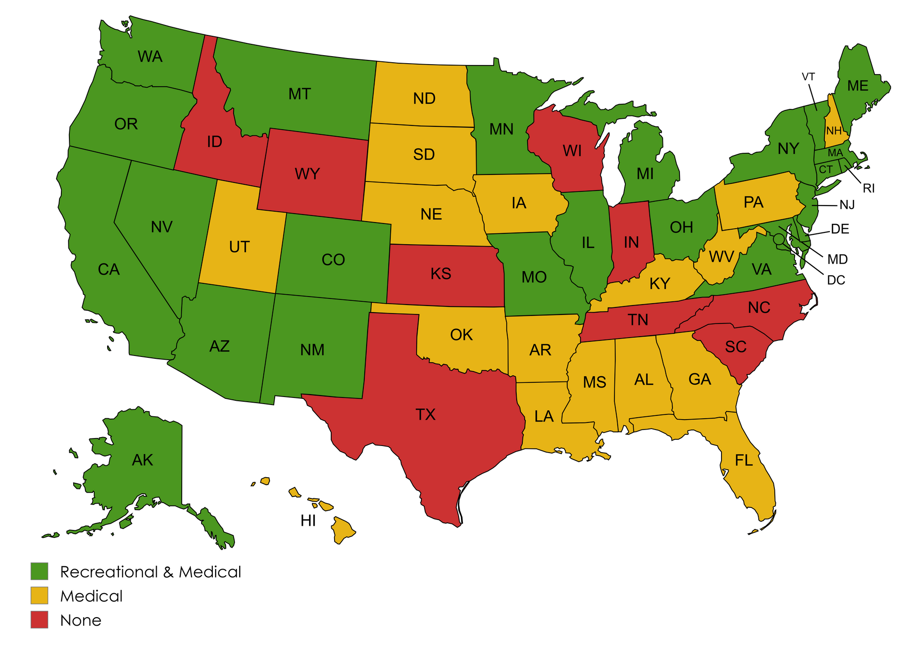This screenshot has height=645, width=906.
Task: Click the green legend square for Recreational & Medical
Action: pyautogui.click(x=39, y=571)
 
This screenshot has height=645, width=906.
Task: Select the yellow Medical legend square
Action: pyautogui.click(x=39, y=595)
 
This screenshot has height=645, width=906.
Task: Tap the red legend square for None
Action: pyautogui.click(x=39, y=620)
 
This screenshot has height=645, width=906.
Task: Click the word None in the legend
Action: pyautogui.click(x=81, y=620)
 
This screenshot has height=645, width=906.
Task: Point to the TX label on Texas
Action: pyautogui.click(x=425, y=415)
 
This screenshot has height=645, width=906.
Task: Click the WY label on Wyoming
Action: pyautogui.click(x=307, y=174)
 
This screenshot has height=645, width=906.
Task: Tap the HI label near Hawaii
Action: pyautogui.click(x=308, y=521)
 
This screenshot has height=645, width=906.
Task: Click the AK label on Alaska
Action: pyautogui.click(x=142, y=460)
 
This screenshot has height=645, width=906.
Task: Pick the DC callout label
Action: pyautogui.click(x=836, y=281)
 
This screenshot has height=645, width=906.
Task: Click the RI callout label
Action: pyautogui.click(x=868, y=189)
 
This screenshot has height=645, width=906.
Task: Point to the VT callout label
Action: pyautogui.click(x=808, y=76)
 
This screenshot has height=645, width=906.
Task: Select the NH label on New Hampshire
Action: pyautogui.click(x=834, y=131)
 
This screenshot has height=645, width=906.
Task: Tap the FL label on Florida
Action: pyautogui.click(x=744, y=461)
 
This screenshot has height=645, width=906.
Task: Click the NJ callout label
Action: pyautogui.click(x=847, y=205)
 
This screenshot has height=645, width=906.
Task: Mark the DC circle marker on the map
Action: pyautogui.click(x=779, y=239)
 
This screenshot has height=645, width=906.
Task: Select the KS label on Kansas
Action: pyautogui.click(x=441, y=274)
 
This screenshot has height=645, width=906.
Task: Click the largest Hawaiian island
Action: pyautogui.click(x=342, y=529)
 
